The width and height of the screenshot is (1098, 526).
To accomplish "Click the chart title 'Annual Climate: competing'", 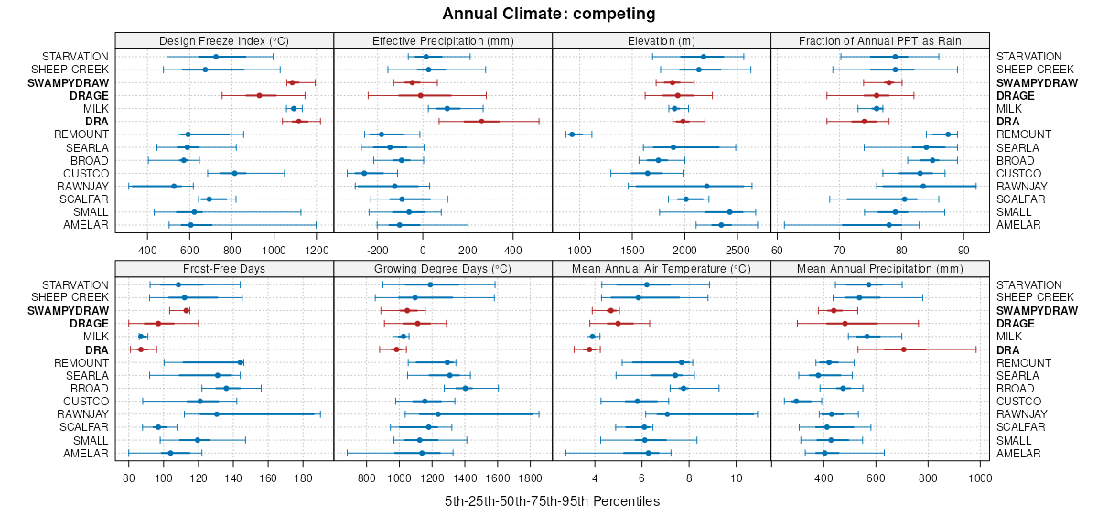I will pos(549,14).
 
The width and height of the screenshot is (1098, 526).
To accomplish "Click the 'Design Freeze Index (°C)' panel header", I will pos(224,40).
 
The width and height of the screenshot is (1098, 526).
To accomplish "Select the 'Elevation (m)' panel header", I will pos(662,40).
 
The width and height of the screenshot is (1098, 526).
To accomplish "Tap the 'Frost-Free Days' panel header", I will pos(224,269).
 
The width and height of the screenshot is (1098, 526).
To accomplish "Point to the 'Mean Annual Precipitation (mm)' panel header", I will pos(880,269).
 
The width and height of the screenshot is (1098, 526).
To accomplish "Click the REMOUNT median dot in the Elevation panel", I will pos(572,134).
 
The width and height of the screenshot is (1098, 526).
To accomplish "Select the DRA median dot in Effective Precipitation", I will pos(481,122).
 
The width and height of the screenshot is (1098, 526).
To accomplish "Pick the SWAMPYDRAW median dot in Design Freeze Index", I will pos(293,82).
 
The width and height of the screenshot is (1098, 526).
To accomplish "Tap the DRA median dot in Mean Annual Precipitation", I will pos(903,349).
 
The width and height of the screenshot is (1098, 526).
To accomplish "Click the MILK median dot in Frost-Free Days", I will pos(141,337).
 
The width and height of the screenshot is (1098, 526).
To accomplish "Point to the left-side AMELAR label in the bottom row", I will pos(86,454).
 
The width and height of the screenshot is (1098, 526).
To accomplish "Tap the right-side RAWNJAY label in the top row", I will pos(1019,187).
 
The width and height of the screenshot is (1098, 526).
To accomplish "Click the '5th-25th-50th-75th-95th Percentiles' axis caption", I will pos(552,501).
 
